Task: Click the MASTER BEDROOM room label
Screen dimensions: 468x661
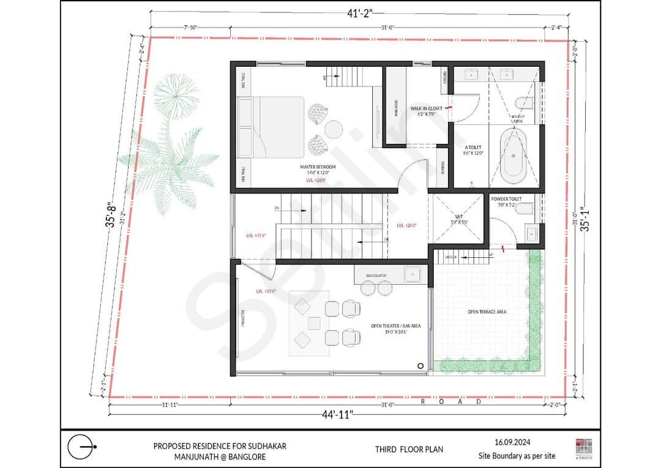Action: coord(318,167)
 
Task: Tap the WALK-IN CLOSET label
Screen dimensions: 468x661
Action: coord(427,108)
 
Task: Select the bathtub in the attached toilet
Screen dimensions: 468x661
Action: coord(513,156)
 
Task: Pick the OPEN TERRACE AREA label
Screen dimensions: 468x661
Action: coord(487,312)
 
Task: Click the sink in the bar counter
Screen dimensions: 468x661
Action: coord(411,275)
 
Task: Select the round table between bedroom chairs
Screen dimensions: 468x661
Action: coord(334,130)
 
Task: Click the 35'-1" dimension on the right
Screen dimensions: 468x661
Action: coord(586,218)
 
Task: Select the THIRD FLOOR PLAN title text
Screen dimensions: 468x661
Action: coord(409,449)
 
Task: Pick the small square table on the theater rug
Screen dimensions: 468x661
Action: coord(314,322)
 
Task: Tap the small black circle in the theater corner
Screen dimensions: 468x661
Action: coord(420,365)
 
